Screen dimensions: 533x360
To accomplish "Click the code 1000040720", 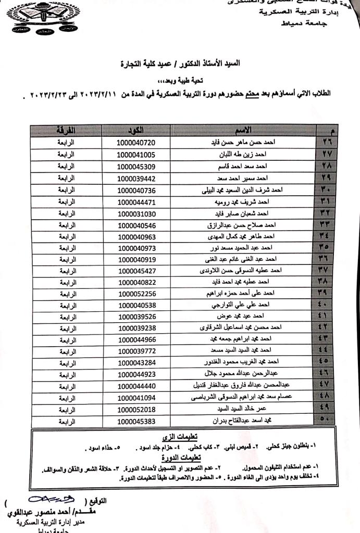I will click(x=136, y=142).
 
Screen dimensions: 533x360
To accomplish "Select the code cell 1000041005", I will click(x=136, y=155).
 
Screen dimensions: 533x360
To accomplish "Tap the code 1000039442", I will click(x=136, y=179).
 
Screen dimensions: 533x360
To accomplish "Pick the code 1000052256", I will click(x=136, y=293).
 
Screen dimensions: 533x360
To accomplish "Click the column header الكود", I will click(x=137, y=130).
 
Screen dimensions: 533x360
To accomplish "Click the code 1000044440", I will click(x=136, y=385).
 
